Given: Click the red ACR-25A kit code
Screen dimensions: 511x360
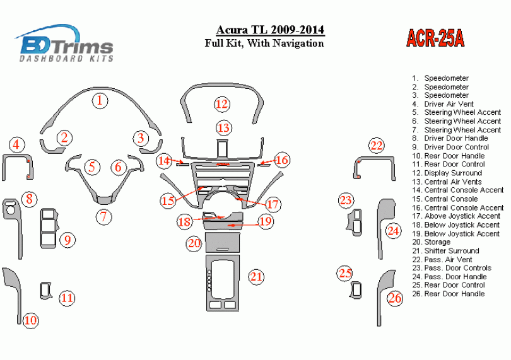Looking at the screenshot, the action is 435,38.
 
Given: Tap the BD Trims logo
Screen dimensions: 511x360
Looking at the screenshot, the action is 64,44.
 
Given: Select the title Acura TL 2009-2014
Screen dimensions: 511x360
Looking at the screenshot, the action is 270,30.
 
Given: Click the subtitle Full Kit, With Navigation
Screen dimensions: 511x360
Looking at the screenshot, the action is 264,43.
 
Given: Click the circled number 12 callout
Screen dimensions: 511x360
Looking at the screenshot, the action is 222,104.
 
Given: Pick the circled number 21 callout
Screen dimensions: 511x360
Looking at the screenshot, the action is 256,277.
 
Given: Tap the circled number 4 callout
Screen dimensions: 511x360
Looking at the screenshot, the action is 16,144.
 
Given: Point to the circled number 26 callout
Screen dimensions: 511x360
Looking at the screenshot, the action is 395,298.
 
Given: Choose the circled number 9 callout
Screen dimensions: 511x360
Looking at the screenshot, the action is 68,240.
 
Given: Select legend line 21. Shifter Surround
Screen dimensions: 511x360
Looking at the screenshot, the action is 445,251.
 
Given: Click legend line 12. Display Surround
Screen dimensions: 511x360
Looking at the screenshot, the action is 447,173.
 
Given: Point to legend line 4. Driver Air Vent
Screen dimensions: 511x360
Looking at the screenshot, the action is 443,104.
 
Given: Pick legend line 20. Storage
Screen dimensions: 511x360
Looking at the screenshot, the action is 431,242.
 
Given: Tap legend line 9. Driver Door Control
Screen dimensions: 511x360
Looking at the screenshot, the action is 450,147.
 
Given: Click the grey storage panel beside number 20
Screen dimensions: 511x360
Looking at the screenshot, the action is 223,242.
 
